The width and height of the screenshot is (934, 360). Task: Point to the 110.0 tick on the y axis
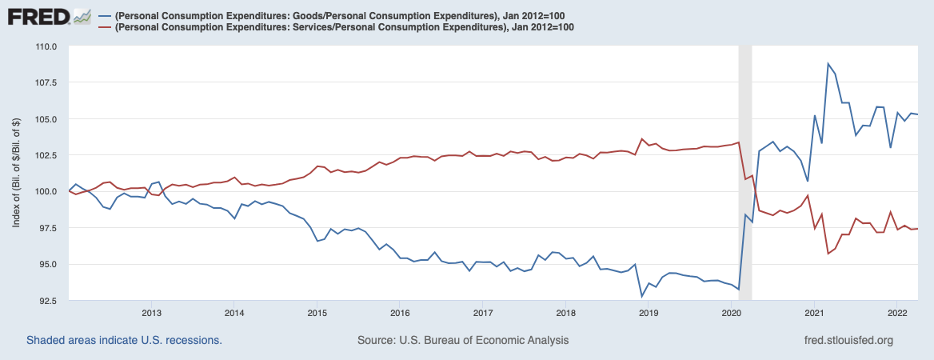click(46, 46)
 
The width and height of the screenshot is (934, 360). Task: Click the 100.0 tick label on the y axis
click(46, 191)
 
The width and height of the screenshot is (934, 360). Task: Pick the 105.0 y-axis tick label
click(46, 119)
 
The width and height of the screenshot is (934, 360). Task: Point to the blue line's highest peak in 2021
click(828, 64)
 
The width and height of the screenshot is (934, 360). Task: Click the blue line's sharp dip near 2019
click(641, 297)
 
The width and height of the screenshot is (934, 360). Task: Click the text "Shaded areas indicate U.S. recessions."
click(124, 340)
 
